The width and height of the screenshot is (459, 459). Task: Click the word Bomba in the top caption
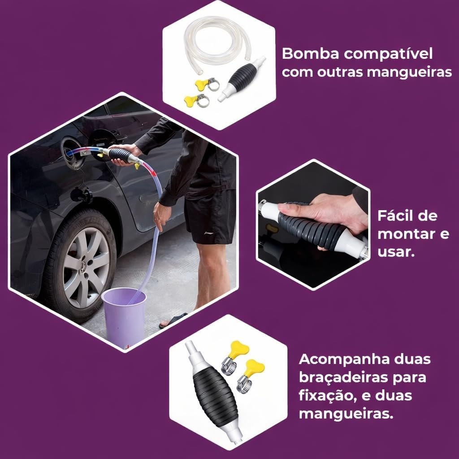click(x=311, y=54)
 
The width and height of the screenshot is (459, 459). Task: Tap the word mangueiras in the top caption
click(x=409, y=72)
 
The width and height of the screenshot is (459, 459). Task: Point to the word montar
click(x=406, y=234)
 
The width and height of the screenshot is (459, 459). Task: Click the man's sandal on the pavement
click(x=173, y=320)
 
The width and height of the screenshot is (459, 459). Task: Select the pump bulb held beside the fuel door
click(x=119, y=155)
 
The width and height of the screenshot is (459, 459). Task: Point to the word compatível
click(x=388, y=54)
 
